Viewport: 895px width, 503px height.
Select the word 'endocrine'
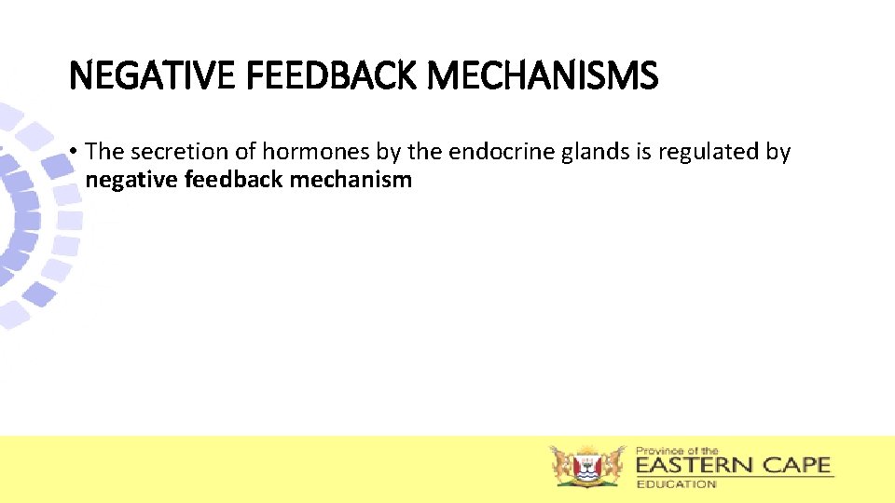pyautogui.click(x=503, y=153)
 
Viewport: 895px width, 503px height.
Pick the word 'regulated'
pyautogui.click(x=709, y=153)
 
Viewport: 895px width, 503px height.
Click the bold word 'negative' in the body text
pyautogui.click(x=132, y=180)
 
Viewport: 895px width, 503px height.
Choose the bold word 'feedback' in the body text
pyautogui.click(x=234, y=180)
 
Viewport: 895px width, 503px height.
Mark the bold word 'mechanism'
pyautogui.click(x=351, y=180)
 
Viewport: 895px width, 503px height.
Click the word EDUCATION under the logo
pyautogui.click(x=676, y=483)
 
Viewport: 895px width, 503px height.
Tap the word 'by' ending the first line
pyautogui.click(x=778, y=153)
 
